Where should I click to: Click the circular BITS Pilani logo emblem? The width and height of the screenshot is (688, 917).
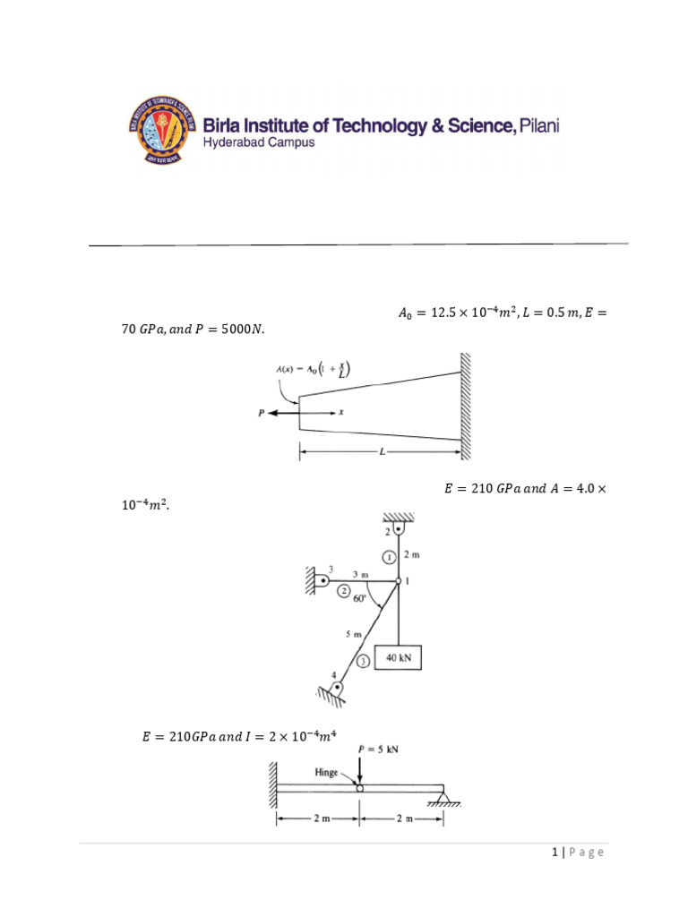pos(159,131)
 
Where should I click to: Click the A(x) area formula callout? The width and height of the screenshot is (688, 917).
pos(313,369)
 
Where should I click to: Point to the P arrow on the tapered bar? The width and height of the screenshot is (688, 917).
pos(274,413)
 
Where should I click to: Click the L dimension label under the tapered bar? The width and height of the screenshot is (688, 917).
pos(382,453)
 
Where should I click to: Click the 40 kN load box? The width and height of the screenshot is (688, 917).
pos(399,659)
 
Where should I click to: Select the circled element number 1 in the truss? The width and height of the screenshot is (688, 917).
pos(388,557)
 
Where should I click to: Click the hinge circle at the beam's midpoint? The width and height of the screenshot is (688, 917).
pos(360,789)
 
